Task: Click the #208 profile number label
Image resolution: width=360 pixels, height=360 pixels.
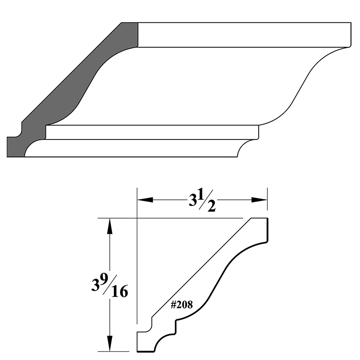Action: [x=182, y=305]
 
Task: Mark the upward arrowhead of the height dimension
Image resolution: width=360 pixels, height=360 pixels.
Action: [x=108, y=225]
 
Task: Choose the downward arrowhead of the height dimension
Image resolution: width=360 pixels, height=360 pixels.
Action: [x=108, y=345]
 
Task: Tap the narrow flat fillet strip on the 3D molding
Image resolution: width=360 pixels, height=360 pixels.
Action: [x=153, y=132]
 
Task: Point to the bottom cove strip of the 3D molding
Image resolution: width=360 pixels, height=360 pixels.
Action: [x=135, y=148]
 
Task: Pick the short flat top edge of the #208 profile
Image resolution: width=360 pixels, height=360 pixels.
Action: [x=259, y=218]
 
